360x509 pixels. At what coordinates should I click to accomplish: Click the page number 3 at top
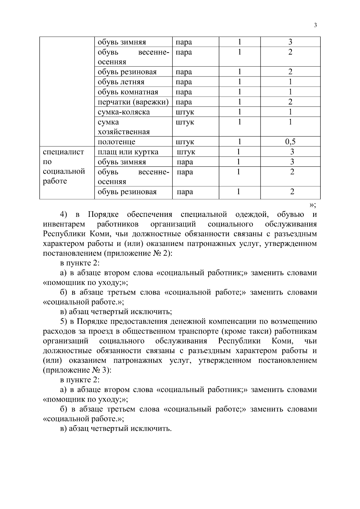click(x=315, y=25)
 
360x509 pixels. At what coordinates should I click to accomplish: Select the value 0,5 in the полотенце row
click(x=290, y=142)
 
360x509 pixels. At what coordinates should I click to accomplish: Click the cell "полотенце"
click(x=116, y=142)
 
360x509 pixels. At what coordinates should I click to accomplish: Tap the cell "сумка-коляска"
click(x=124, y=112)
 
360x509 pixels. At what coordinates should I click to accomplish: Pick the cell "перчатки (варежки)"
click(x=133, y=102)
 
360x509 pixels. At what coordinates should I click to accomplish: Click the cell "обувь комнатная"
click(x=128, y=92)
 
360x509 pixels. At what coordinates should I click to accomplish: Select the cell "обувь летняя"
click(x=121, y=82)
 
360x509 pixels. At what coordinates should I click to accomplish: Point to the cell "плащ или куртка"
click(x=128, y=152)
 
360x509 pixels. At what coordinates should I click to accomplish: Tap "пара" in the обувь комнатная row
click(x=184, y=92)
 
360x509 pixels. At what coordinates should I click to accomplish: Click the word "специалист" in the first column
click(x=64, y=152)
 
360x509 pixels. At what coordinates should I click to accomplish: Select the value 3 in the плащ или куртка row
click(x=292, y=152)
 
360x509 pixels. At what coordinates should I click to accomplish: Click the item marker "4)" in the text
click(x=64, y=215)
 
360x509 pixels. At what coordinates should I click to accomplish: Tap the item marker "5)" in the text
click(x=63, y=322)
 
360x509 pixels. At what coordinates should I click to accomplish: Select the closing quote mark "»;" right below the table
click(x=312, y=205)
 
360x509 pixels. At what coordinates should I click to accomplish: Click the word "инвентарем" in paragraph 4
click(x=64, y=224)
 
